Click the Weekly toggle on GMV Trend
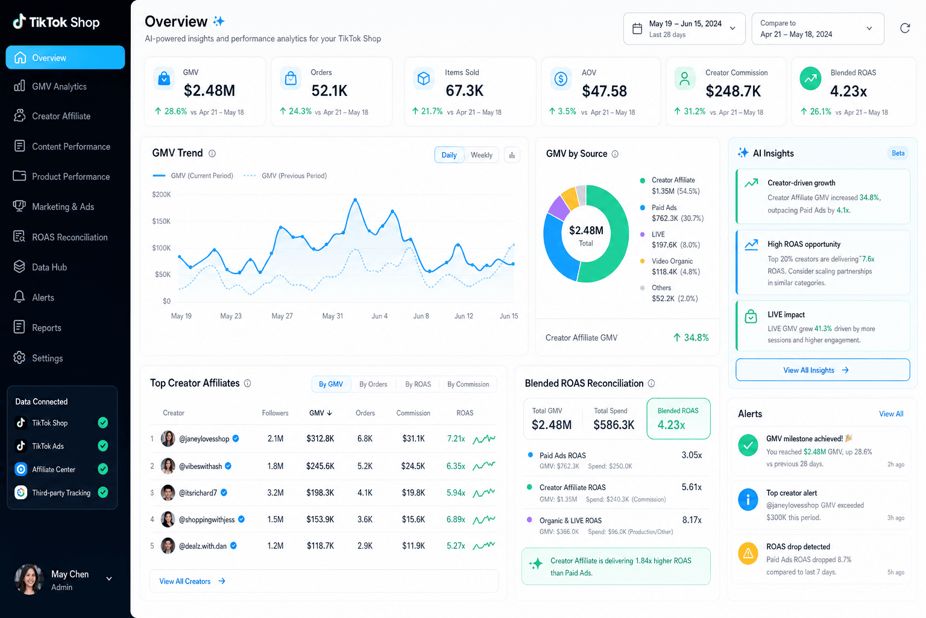481,155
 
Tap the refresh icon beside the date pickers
905,28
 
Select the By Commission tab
468,384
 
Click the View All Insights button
822,369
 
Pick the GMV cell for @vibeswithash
320,466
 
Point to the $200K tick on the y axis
161,194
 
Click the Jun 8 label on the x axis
421,316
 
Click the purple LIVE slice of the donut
559,208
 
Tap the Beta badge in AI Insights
898,153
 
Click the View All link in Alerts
891,413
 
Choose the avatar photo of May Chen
29,579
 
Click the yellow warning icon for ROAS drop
748,553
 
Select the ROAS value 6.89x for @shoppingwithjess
456,519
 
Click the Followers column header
275,413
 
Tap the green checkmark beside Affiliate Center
103,469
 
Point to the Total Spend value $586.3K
614,425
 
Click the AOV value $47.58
604,91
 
